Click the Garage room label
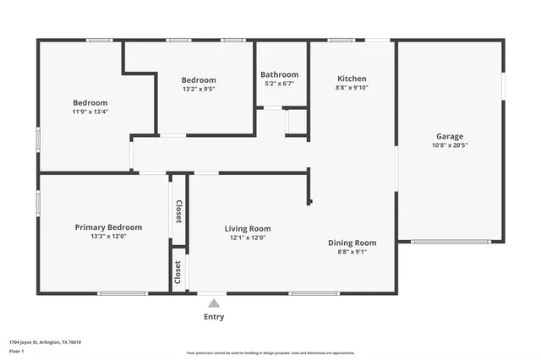pyautogui.click(x=449, y=136)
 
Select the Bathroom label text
pyautogui.click(x=279, y=74)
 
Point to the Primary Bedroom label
pyautogui.click(x=108, y=227)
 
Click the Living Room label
pyautogui.click(x=247, y=228)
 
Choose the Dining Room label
pyautogui.click(x=352, y=243)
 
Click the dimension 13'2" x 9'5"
pyautogui.click(x=199, y=89)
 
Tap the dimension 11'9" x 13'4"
pyautogui.click(x=90, y=111)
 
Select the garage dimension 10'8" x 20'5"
pyautogui.click(x=449, y=145)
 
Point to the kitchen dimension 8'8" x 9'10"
pyautogui.click(x=352, y=87)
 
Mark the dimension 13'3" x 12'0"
pyautogui.click(x=108, y=237)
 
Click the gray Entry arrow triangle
pyautogui.click(x=214, y=303)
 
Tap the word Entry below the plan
pyautogui.click(x=214, y=317)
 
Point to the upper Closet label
pyautogui.click(x=178, y=211)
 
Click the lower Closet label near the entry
pyautogui.click(x=178, y=271)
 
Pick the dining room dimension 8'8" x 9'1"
pyautogui.click(x=352, y=252)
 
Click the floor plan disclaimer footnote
pyautogui.click(x=270, y=353)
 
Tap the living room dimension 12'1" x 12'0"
pyautogui.click(x=247, y=237)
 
